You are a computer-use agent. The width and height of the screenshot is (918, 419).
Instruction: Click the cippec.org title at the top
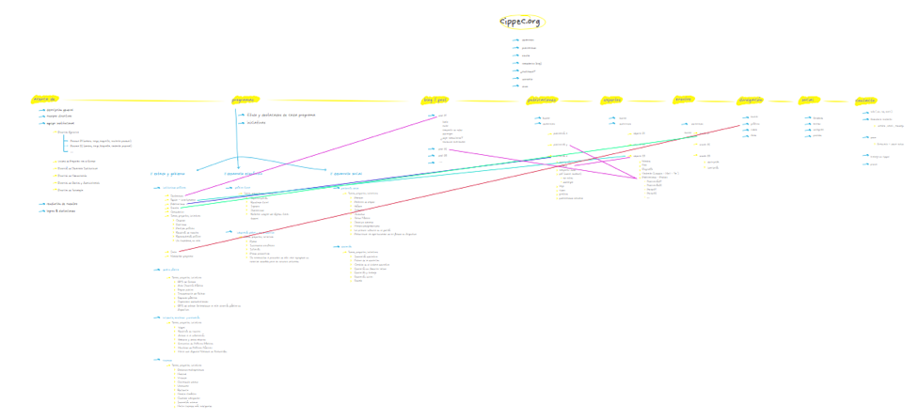(520, 22)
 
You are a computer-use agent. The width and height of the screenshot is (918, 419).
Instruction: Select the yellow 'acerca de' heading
(44, 99)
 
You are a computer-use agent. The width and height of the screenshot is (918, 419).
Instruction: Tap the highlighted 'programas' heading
(244, 99)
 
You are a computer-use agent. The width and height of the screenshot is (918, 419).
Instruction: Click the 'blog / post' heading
(435, 99)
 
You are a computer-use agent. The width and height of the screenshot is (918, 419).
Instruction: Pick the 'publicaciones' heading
(542, 99)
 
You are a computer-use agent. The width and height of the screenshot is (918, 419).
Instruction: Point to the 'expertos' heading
(612, 99)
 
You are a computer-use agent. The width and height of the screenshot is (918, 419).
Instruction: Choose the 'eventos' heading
(683, 99)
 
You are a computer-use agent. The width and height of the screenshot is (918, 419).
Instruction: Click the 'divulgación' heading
(750, 99)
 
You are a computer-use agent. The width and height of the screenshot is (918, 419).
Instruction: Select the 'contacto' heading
(865, 100)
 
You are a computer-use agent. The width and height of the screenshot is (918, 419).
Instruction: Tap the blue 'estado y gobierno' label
(167, 173)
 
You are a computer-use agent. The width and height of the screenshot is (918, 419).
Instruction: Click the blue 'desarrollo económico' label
(243, 173)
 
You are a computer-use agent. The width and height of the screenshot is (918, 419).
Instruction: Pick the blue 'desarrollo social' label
(346, 173)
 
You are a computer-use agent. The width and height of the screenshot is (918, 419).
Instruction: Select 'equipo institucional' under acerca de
(60, 123)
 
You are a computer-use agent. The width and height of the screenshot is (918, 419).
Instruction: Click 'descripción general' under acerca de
(60, 109)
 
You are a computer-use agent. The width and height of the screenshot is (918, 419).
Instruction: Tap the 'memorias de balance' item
(62, 204)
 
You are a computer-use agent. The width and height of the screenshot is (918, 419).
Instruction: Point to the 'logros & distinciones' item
(60, 210)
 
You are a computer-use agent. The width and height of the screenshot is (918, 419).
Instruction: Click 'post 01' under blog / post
(443, 116)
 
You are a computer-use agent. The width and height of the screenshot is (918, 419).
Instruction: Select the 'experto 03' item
(639, 156)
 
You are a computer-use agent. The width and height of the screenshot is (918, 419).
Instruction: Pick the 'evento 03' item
(704, 155)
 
